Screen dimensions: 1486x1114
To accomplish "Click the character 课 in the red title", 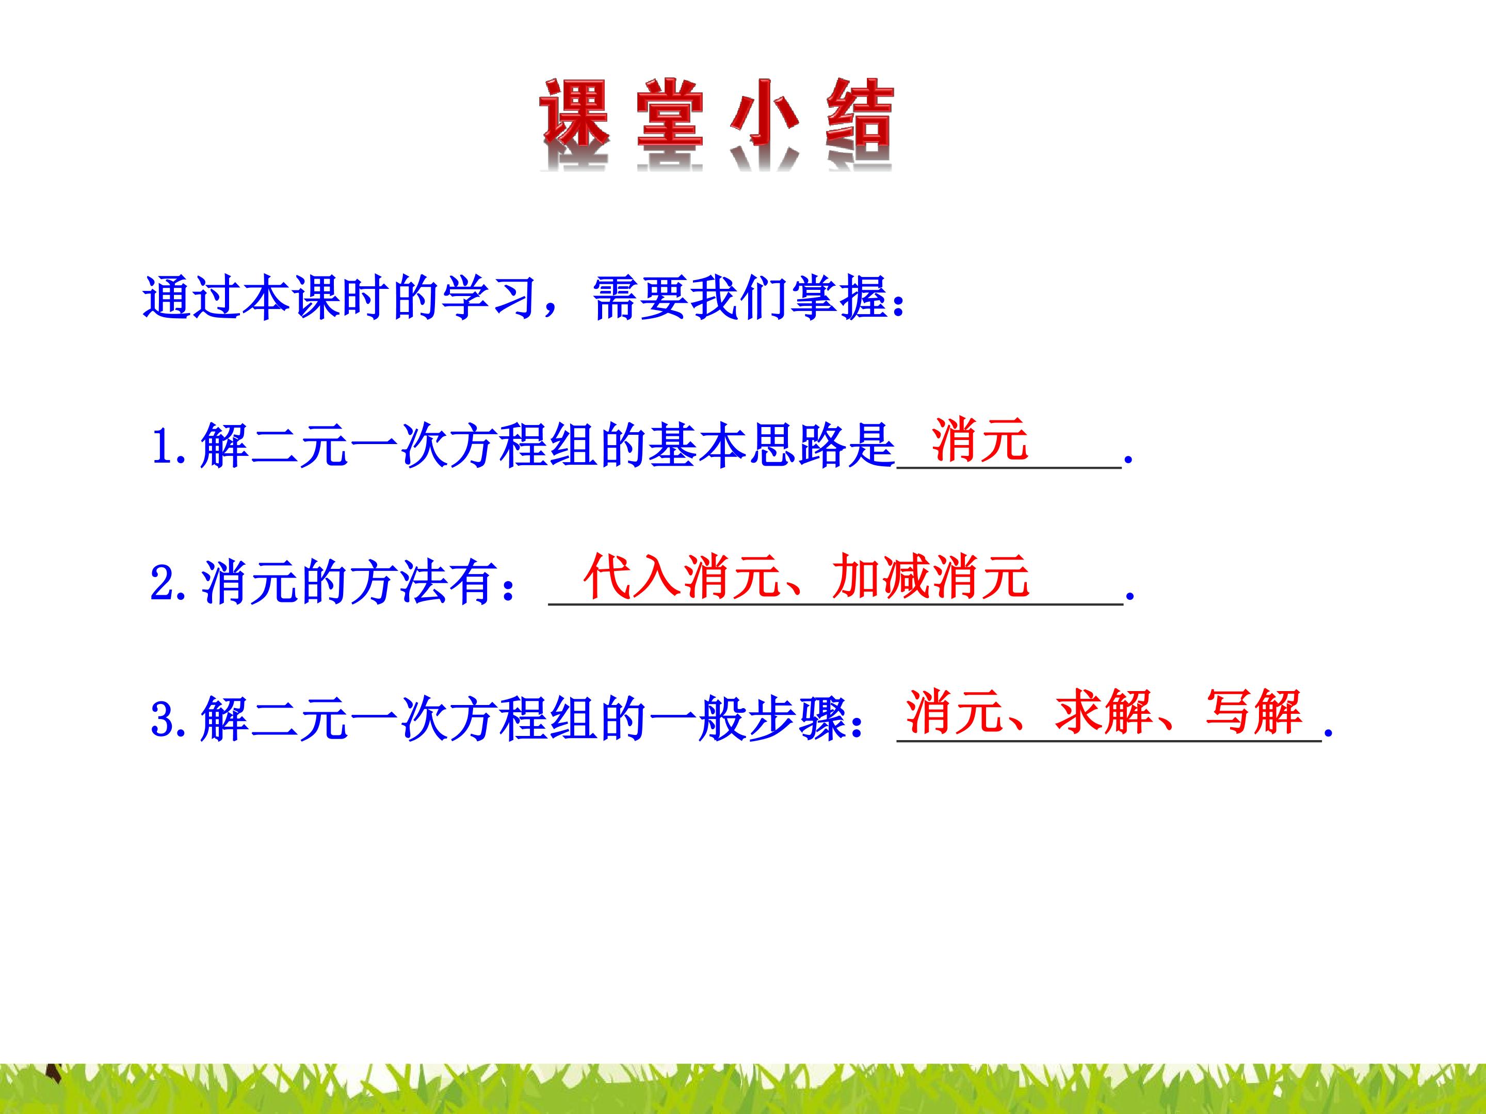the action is tap(574, 114).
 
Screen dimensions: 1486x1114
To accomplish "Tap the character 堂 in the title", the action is tap(669, 114).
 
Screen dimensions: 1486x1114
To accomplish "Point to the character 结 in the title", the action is tap(859, 114).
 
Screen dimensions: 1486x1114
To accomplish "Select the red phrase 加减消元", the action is tap(930, 576).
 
